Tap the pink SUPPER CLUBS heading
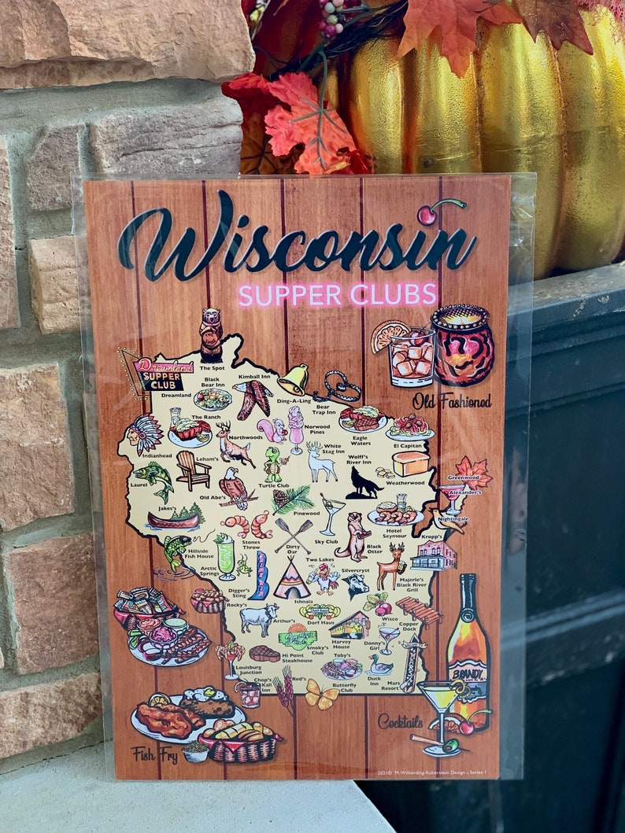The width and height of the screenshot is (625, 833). coord(337,295)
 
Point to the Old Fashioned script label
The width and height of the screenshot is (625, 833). coord(451,400)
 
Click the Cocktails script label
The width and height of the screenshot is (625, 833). coord(400,721)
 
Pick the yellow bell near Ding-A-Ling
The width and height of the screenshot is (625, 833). coord(294,380)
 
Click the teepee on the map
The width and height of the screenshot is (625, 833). coord(292,581)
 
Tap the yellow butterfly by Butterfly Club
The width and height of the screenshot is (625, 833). coord(321,694)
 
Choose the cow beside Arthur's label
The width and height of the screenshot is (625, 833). coord(259,617)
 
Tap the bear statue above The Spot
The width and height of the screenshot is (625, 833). coord(210,334)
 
